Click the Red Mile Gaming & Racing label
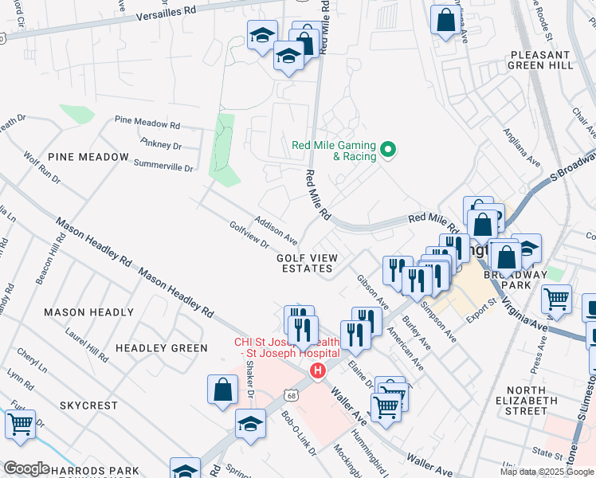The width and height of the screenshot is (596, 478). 334,151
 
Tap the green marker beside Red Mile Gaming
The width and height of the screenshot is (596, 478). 389,149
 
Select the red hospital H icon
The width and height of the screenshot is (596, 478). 318,371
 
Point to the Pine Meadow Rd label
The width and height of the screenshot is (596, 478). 147,124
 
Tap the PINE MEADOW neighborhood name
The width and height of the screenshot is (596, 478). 88,157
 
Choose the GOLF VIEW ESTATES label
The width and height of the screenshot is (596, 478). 305,263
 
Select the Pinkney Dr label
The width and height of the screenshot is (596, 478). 160,145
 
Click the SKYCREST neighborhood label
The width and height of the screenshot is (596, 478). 88,406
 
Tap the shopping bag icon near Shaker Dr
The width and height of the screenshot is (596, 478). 223,390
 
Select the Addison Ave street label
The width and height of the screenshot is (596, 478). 276,229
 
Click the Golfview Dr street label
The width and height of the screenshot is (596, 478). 249,234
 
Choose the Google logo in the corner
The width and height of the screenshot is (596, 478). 26,468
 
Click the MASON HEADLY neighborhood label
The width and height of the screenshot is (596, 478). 88,312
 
